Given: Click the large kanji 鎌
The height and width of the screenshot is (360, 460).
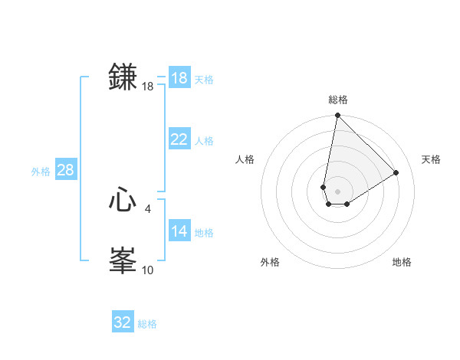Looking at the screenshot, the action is coord(123,78).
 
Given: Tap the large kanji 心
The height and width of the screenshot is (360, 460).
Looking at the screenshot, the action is coord(123,201).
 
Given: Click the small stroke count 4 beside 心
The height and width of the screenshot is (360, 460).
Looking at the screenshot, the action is coord(148,208).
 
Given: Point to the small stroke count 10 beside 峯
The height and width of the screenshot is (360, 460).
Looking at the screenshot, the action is coord(148,270).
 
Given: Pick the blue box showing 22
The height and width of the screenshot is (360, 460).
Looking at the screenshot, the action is coord(179,139).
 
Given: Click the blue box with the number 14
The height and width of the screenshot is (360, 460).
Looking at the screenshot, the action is coord(179,231).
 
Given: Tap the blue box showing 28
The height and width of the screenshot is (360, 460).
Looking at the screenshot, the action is coord(65,170).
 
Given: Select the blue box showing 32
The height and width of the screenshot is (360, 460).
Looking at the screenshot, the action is coord(123,322).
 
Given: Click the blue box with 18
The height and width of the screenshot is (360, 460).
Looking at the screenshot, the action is coord(179,78).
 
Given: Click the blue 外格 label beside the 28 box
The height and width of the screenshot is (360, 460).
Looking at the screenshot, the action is coord(41,172).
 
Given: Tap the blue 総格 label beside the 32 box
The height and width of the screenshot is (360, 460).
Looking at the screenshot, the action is coord(147,324).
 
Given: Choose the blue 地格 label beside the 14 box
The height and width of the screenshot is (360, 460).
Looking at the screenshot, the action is coord(204,233).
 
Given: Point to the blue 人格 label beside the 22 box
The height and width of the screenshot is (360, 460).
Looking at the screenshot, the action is coord(204,141).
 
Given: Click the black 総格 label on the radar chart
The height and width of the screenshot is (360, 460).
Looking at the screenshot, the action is coord(338,100).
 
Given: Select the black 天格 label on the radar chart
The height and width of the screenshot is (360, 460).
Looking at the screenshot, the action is coord(432,159).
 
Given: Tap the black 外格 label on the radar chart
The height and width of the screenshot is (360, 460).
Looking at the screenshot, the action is coord(270,262).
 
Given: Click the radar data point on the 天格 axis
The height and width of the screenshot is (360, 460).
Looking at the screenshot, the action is coord(396,172).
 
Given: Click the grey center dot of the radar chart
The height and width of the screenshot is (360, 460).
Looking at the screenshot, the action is coord(338,191).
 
